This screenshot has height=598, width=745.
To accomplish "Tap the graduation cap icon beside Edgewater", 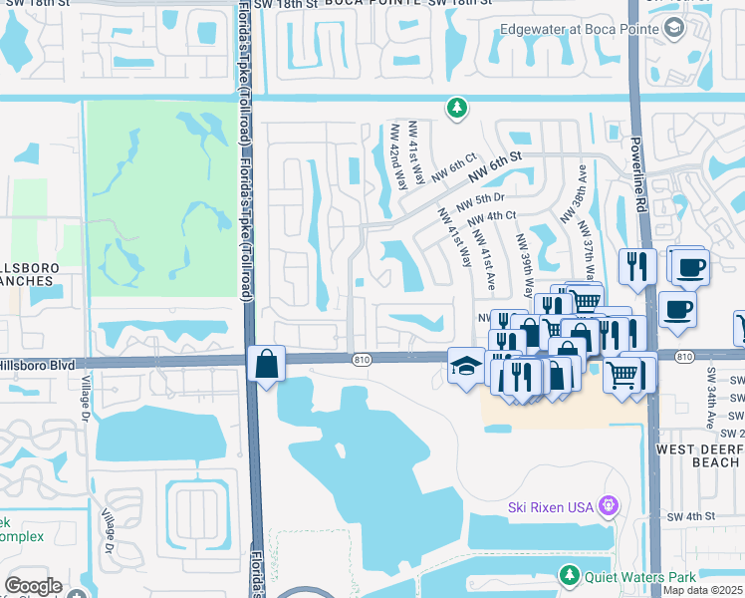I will pyautogui.click(x=675, y=29).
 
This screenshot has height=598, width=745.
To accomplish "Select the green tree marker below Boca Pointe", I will pyautogui.click(x=456, y=108).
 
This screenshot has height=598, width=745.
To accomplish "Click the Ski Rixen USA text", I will pyautogui.click(x=551, y=507).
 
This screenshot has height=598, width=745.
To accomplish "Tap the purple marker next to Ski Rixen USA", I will pyautogui.click(x=610, y=507).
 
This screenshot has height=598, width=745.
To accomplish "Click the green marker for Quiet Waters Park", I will pyautogui.click(x=569, y=575).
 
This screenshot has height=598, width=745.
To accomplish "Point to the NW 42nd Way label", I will pyautogui.click(x=399, y=156).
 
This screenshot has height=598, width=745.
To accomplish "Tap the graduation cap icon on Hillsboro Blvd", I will pyautogui.click(x=464, y=365).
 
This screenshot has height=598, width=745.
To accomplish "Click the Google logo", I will pyautogui.click(x=33, y=585).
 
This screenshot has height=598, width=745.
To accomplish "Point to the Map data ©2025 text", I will pyautogui.click(x=703, y=590).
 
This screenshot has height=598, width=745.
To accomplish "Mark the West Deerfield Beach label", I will pyautogui.click(x=698, y=455).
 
